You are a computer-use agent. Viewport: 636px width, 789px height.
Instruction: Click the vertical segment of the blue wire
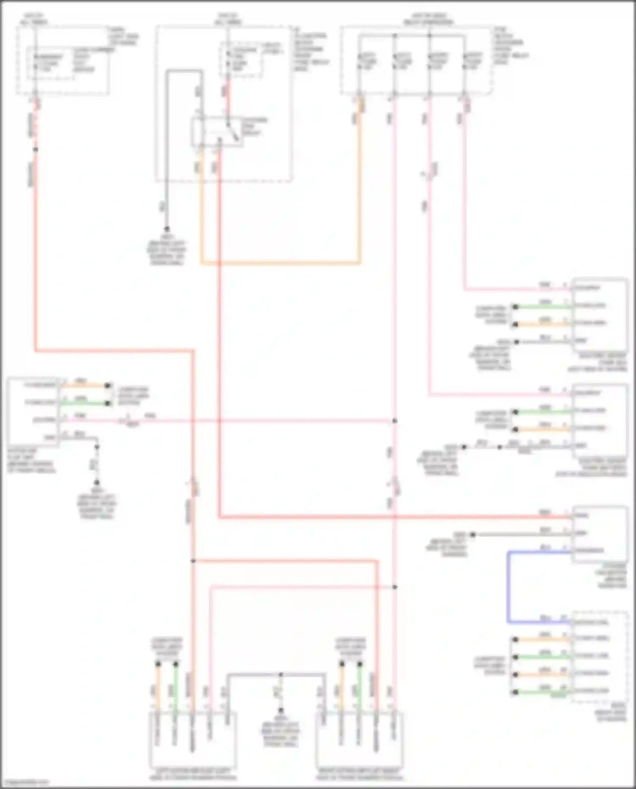(508, 587)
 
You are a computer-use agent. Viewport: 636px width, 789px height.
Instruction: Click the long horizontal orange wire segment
(280, 263)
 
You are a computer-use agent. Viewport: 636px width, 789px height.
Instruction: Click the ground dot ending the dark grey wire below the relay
(167, 229)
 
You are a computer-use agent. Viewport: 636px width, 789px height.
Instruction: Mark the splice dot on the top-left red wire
(36, 149)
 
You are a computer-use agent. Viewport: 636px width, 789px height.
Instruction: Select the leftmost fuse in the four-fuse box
(359, 64)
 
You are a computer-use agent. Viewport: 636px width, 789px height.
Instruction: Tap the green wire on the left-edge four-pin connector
(85, 403)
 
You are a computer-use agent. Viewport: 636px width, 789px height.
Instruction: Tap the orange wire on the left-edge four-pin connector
(85, 385)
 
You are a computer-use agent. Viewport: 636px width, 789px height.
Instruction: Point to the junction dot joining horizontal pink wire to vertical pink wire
(395, 421)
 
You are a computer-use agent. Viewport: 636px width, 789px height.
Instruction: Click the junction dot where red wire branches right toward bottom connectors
(193, 560)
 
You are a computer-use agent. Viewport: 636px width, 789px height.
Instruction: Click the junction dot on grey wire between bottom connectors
(280, 674)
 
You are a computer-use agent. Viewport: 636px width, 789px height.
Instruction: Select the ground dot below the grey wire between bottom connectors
(280, 710)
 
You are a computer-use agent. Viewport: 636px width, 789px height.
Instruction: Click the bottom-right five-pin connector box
(359, 740)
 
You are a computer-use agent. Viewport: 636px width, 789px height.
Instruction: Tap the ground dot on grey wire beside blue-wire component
(473, 535)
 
